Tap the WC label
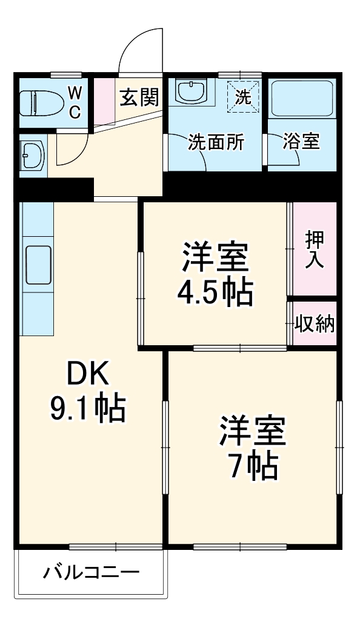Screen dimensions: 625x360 [x=75, y=102]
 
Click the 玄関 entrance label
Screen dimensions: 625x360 [x=139, y=97]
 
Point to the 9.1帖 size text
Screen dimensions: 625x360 [x=87, y=409]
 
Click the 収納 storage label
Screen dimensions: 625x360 [x=315, y=325]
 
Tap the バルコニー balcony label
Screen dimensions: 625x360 [x=91, y=572]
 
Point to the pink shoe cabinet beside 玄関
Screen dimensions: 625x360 [x=104, y=100]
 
